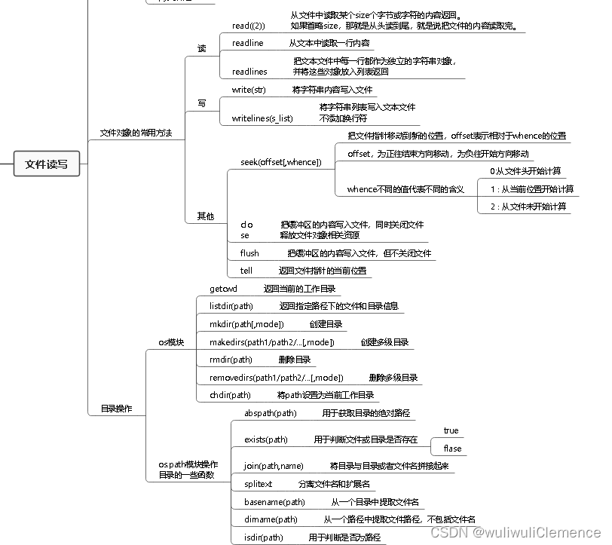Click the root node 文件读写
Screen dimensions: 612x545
tap(46, 164)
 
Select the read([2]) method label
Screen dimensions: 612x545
tap(248, 26)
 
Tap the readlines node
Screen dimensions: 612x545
tap(249, 72)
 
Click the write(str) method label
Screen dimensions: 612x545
tap(248, 90)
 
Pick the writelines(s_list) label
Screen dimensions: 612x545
tap(262, 118)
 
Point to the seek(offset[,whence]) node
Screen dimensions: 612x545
tap(280, 162)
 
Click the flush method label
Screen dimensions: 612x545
tap(249, 253)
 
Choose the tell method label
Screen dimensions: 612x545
tap(246, 271)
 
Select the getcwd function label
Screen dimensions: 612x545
tap(223, 289)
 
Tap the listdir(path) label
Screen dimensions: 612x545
tap(231, 306)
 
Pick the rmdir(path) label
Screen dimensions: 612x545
tap(230, 360)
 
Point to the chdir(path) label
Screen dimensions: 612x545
tap(230, 395)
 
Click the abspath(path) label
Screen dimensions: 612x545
tap(270, 413)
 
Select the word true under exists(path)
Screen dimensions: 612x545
tap(451, 430)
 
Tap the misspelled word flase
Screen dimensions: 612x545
tap(452, 449)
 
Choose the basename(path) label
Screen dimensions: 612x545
tap(274, 502)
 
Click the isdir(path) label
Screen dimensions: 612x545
tap(263, 537)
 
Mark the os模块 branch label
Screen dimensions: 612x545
tap(171, 342)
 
